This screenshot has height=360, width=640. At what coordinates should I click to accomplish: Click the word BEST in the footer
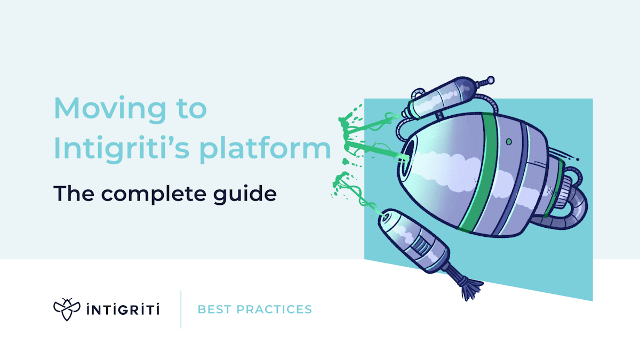tap(214, 309)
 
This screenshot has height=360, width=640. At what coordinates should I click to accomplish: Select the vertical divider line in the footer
tap(181, 309)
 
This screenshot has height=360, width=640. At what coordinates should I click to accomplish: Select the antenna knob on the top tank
tap(486, 81)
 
